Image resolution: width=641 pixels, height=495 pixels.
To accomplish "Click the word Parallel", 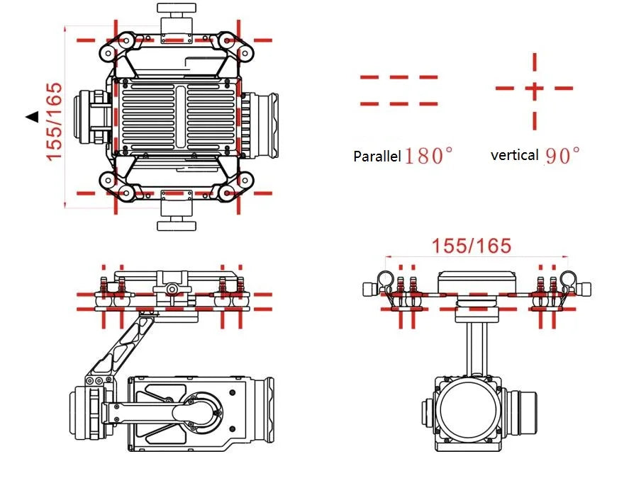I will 377,157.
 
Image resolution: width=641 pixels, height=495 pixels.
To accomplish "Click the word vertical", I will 514,154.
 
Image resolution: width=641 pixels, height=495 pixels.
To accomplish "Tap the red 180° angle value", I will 428,156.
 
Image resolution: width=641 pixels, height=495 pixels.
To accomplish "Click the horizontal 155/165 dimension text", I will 472,246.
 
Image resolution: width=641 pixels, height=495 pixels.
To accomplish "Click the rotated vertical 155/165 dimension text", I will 55,121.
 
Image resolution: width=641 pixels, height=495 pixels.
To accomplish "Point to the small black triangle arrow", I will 31,117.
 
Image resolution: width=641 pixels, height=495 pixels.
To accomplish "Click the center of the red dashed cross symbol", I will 534,89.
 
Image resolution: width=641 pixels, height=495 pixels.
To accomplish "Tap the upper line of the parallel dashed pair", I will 398,77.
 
